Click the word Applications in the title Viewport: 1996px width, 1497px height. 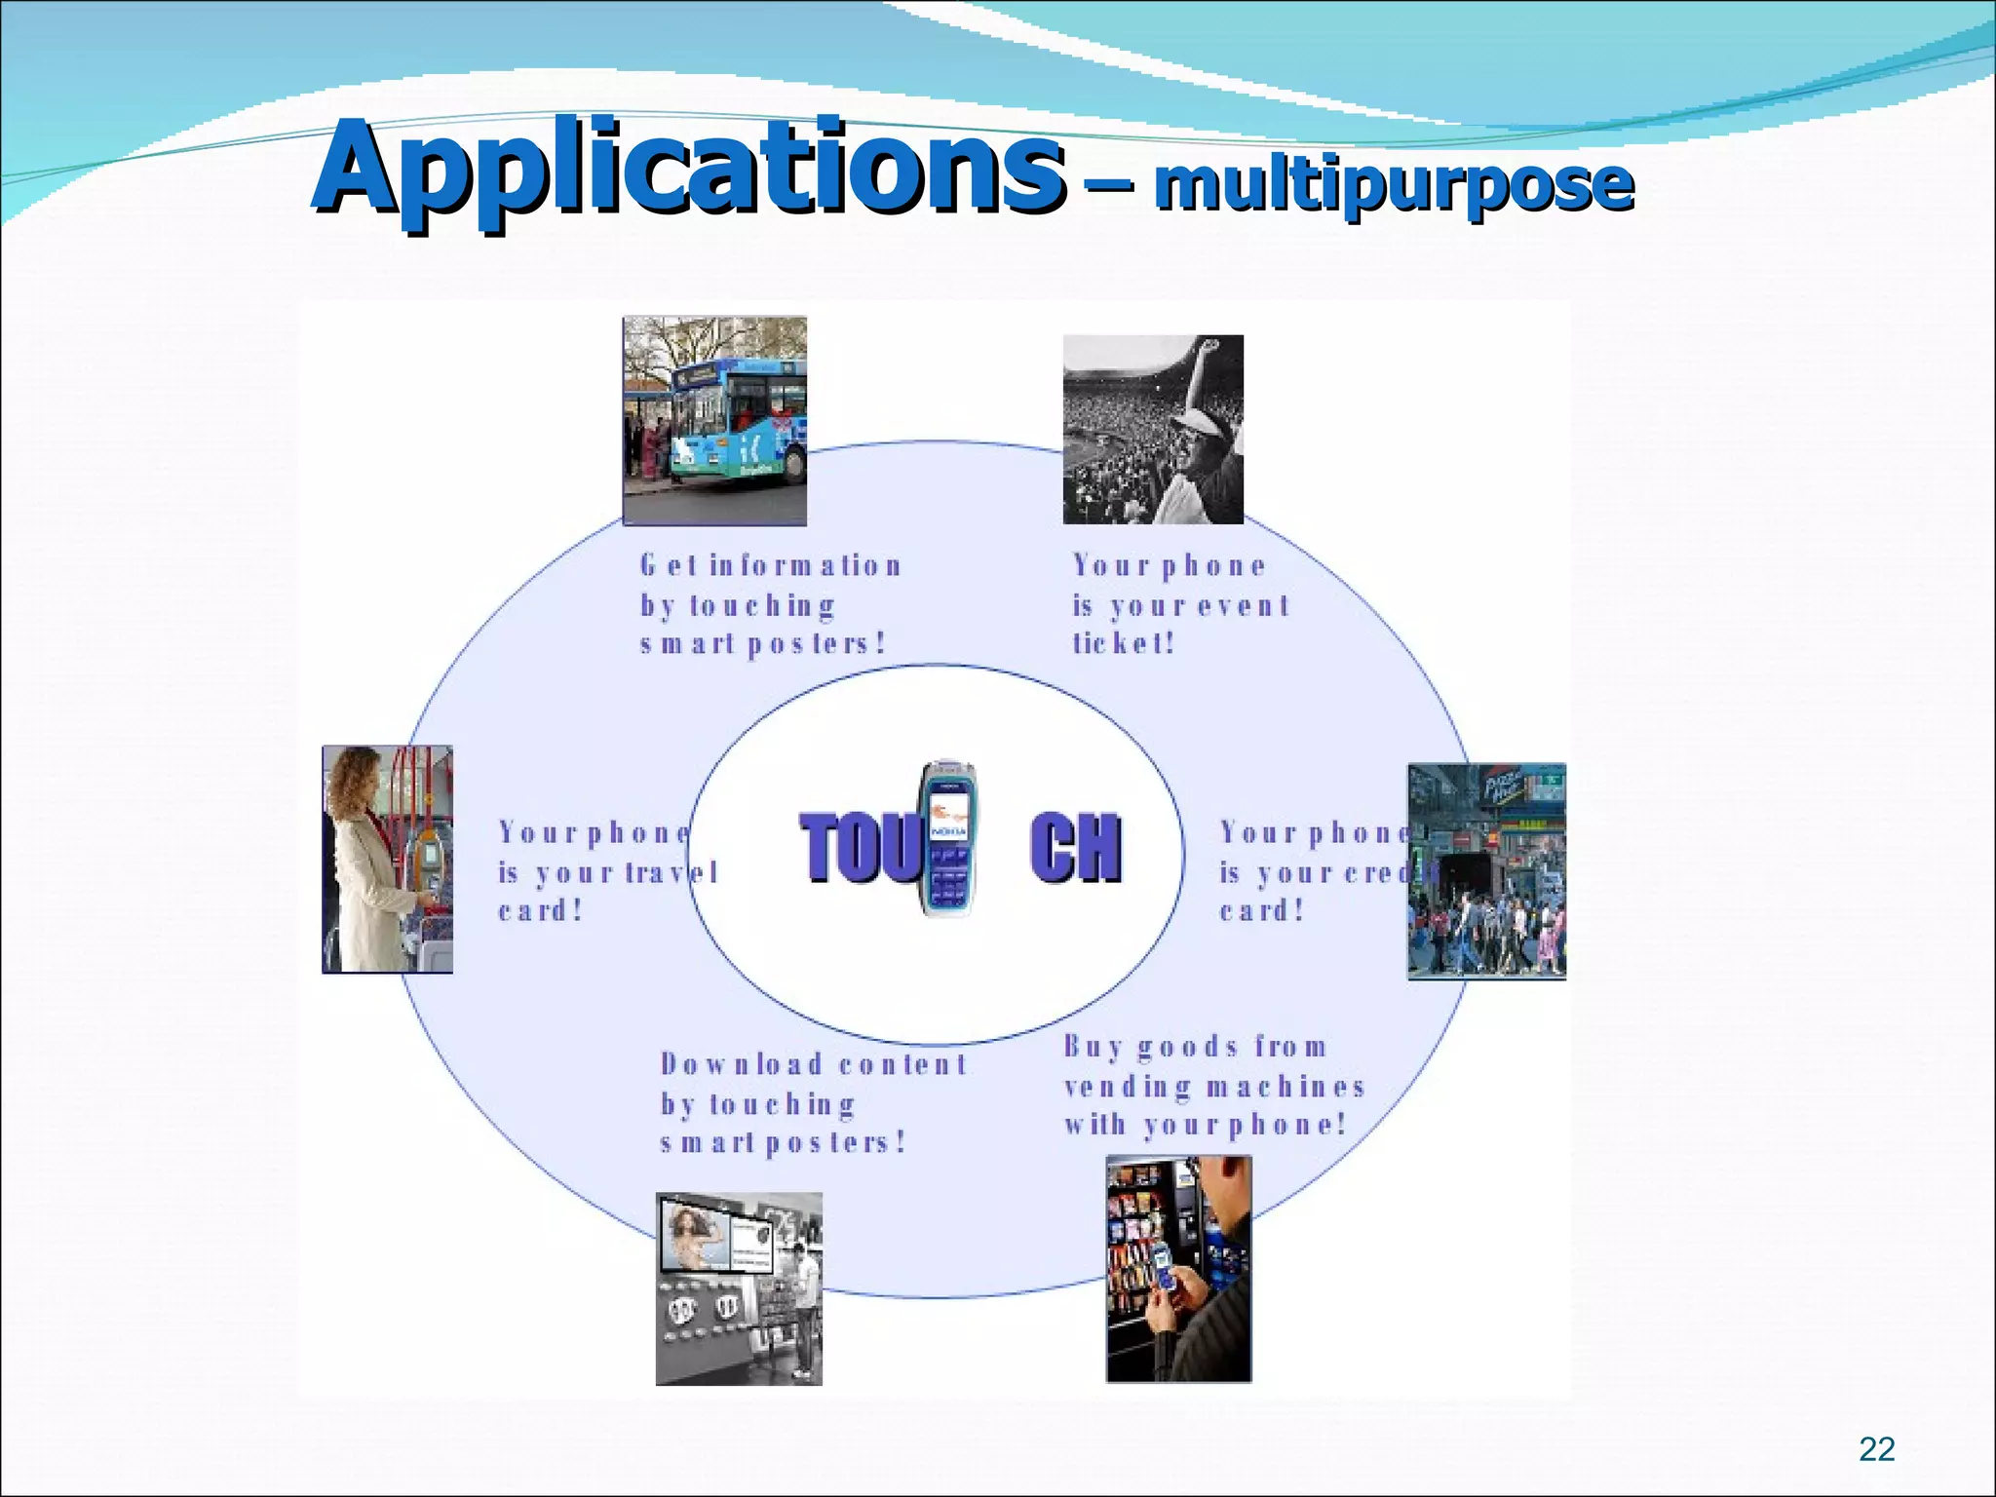(x=687, y=168)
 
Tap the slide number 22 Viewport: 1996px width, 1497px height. (x=1876, y=1449)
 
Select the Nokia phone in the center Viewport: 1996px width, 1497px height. (x=948, y=839)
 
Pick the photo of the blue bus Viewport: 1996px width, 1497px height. (x=714, y=420)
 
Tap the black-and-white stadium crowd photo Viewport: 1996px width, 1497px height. (x=1153, y=429)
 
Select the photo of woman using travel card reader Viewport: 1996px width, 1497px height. (x=387, y=859)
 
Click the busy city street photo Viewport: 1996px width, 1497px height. (x=1486, y=870)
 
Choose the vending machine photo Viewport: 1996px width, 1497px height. (x=1178, y=1268)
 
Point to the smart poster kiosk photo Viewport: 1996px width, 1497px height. (x=739, y=1287)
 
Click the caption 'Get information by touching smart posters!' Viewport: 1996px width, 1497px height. (x=770, y=604)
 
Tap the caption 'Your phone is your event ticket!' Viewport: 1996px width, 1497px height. (x=1180, y=604)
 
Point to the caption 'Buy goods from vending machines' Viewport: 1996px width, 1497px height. (x=1213, y=1086)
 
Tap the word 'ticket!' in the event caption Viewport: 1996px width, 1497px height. (x=1124, y=643)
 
